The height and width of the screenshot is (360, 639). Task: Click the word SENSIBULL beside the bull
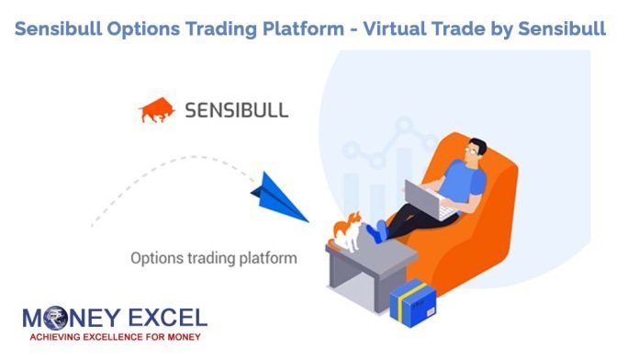point(236,111)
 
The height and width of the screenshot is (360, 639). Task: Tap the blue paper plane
point(278,196)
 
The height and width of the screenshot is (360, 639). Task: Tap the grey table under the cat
point(363,271)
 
